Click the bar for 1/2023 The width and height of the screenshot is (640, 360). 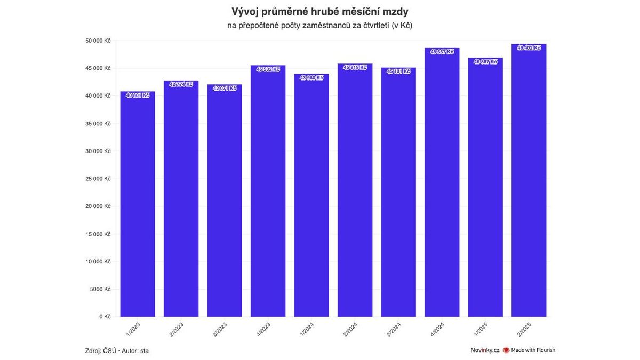tap(138, 205)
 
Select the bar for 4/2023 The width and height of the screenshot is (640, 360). tap(268, 192)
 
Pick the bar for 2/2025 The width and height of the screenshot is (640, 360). tap(529, 181)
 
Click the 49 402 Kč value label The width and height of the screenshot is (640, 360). tap(529, 48)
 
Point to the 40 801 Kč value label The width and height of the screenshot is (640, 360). tap(138, 95)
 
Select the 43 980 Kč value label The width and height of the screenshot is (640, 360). tap(311, 78)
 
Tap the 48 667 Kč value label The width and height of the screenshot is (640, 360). tap(442, 52)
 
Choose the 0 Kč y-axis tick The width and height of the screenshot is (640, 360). tap(105, 317)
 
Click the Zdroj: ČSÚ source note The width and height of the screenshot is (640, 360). tap(100, 350)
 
